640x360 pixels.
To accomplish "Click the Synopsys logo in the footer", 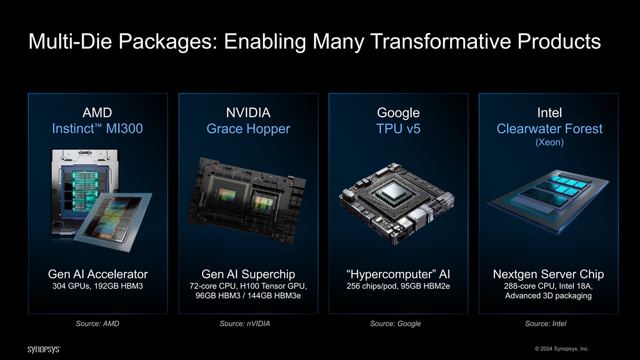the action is [x=44, y=349].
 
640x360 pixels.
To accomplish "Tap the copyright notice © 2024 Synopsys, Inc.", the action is [x=562, y=349].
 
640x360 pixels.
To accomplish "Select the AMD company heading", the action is [x=97, y=113].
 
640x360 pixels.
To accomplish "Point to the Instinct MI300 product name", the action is [x=97, y=129].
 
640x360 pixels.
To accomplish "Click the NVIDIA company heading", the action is [x=248, y=113].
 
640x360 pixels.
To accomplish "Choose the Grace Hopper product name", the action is [x=248, y=129].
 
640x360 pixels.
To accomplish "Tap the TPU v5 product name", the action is [x=398, y=129].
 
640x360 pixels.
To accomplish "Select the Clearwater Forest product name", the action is [x=549, y=129].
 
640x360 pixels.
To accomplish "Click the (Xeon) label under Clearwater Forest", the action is [x=549, y=142].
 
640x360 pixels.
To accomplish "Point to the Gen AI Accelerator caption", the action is [x=98, y=274].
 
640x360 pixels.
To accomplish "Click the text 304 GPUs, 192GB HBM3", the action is [x=98, y=286].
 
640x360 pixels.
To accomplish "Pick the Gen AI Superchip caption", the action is [x=248, y=274].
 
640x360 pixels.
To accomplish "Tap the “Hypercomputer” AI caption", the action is [x=398, y=274].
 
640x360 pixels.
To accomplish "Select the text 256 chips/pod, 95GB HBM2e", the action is [x=398, y=286].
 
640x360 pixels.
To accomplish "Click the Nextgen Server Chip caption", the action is [x=548, y=274].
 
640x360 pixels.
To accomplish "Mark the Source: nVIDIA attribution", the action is [x=245, y=323].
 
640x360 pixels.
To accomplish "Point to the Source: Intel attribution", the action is [x=546, y=323].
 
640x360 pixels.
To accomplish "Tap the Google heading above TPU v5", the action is [x=398, y=113].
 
